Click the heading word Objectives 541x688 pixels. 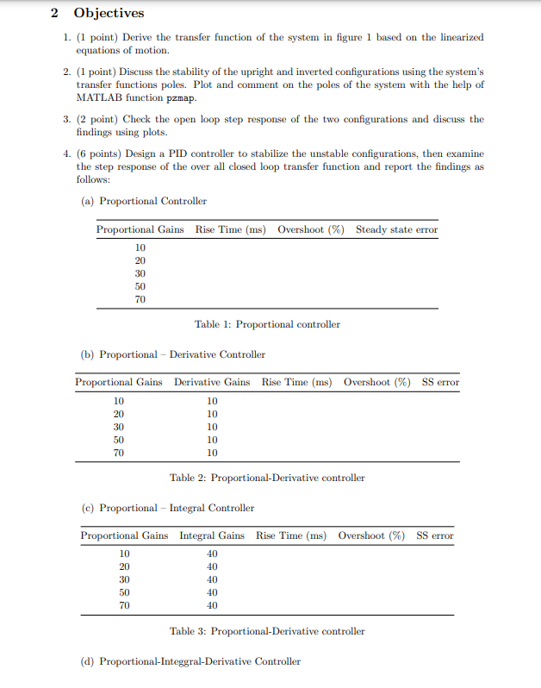tap(109, 13)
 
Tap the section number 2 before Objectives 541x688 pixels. tap(54, 13)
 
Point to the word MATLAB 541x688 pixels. tap(97, 97)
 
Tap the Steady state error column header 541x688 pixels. tap(396, 229)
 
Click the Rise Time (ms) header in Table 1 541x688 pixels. tap(230, 229)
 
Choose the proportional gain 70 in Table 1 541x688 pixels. tap(140, 299)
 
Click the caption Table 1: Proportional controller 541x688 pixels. tap(267, 324)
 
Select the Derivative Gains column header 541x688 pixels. tap(212, 382)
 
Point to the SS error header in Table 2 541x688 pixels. tap(440, 382)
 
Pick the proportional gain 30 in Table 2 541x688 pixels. tap(119, 427)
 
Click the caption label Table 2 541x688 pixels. tap(187, 478)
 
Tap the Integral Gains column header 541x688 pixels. tap(212, 535)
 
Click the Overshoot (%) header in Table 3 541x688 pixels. tap(371, 535)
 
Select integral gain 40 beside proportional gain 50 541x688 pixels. tap(212, 592)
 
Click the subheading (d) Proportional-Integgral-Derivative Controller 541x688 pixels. tap(190, 661)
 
